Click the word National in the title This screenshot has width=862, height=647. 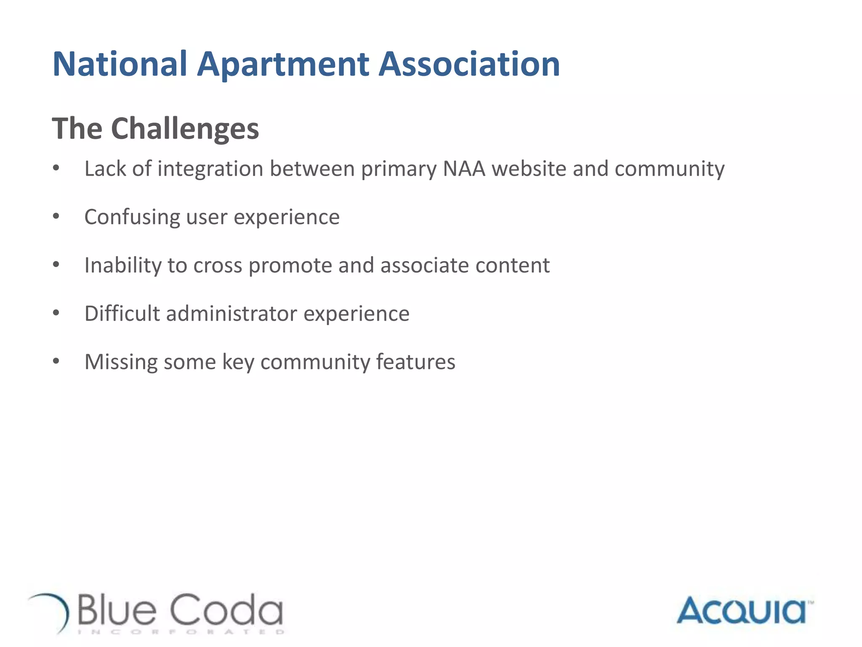[x=120, y=64]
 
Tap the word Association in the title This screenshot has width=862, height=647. [x=469, y=64]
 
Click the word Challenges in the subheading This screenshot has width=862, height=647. [x=185, y=128]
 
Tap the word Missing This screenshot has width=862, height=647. [x=121, y=362]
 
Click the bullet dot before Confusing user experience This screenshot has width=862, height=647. [x=56, y=217]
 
